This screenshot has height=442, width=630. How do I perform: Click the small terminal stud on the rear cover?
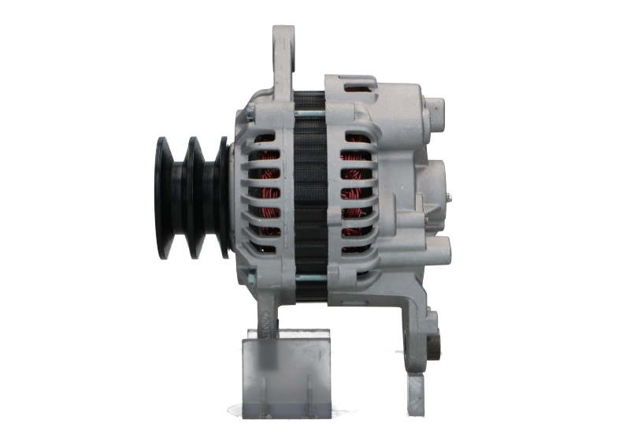click(x=450, y=197)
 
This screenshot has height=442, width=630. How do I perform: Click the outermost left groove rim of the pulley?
click(x=164, y=197)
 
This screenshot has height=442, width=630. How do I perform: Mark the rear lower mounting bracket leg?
click(x=413, y=339)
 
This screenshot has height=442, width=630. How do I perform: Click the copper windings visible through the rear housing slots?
click(x=354, y=197)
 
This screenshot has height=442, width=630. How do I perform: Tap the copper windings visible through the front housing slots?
click(x=272, y=197)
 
